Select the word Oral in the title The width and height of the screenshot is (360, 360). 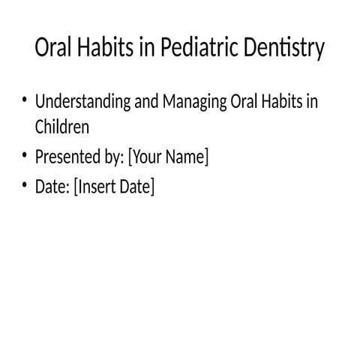pos(53,49)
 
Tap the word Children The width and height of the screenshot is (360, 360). pos(62,127)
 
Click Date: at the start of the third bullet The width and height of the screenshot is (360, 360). pos(52,187)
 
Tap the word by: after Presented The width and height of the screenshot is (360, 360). pos(115,157)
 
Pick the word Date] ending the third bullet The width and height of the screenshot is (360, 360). pos(138,187)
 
